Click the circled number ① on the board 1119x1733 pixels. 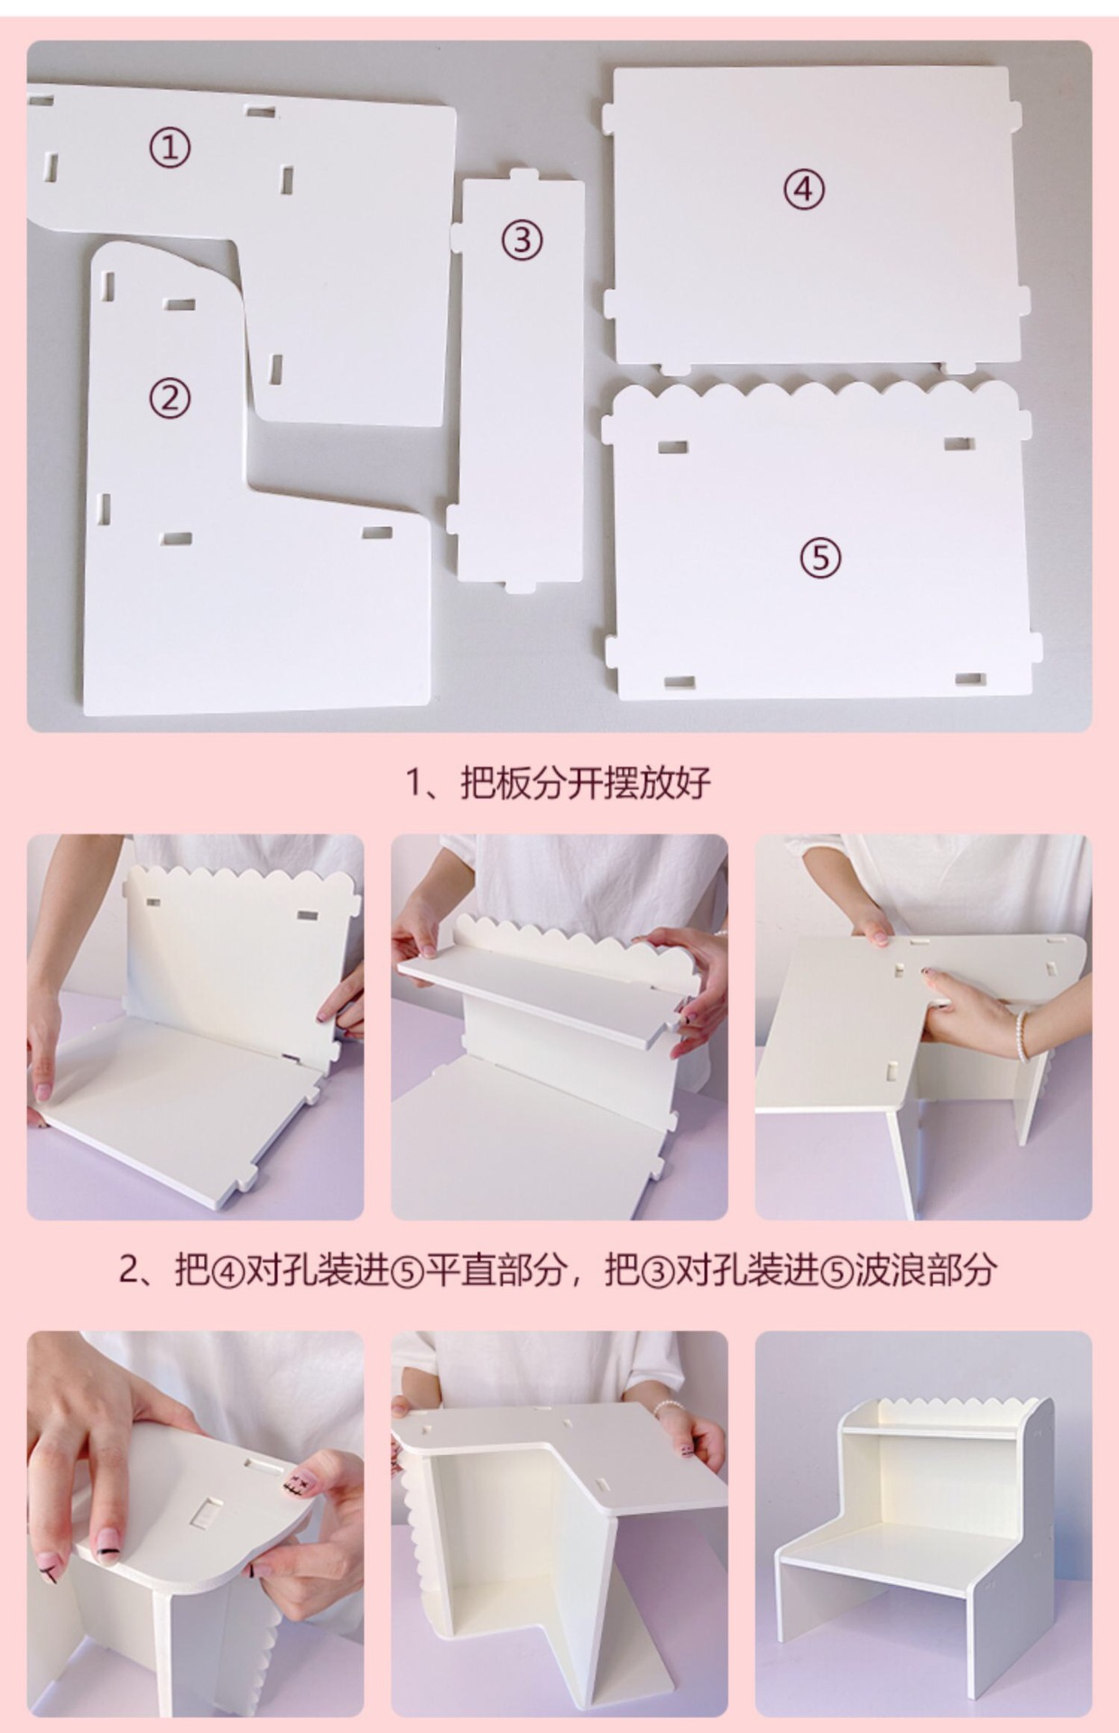tap(170, 147)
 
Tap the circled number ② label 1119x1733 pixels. tap(170, 398)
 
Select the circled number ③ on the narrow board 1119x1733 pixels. tap(522, 240)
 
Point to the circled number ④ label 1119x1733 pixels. tap(803, 190)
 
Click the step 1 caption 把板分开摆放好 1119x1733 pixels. tap(586, 782)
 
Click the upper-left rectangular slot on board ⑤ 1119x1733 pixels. tap(672, 447)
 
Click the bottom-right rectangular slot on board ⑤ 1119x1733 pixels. tap(970, 678)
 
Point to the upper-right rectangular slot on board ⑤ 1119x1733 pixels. tap(958, 443)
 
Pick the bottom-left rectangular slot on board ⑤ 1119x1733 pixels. tap(680, 683)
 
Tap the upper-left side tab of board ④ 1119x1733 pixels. tap(609, 114)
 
